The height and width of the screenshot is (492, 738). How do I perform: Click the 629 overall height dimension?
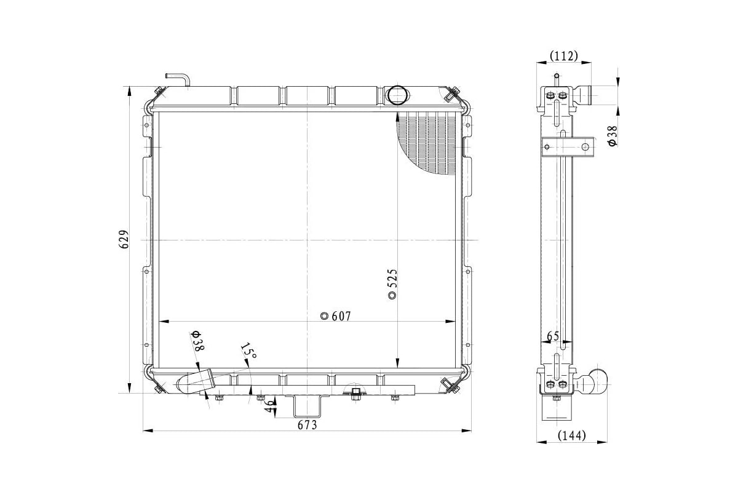(x=124, y=240)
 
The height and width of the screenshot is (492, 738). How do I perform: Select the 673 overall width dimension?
(x=307, y=426)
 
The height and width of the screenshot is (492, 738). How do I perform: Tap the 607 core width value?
(x=341, y=316)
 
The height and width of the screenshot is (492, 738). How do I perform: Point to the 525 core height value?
(x=392, y=279)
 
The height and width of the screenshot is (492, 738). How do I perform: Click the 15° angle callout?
(x=248, y=352)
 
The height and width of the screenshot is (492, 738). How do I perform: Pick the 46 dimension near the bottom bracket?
(x=269, y=407)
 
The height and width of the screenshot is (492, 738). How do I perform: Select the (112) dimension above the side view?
(x=564, y=56)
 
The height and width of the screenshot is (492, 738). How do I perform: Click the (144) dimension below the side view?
(x=571, y=435)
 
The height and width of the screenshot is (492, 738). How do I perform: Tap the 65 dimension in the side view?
(x=553, y=336)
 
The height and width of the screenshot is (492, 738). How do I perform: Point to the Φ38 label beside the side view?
(x=612, y=136)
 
